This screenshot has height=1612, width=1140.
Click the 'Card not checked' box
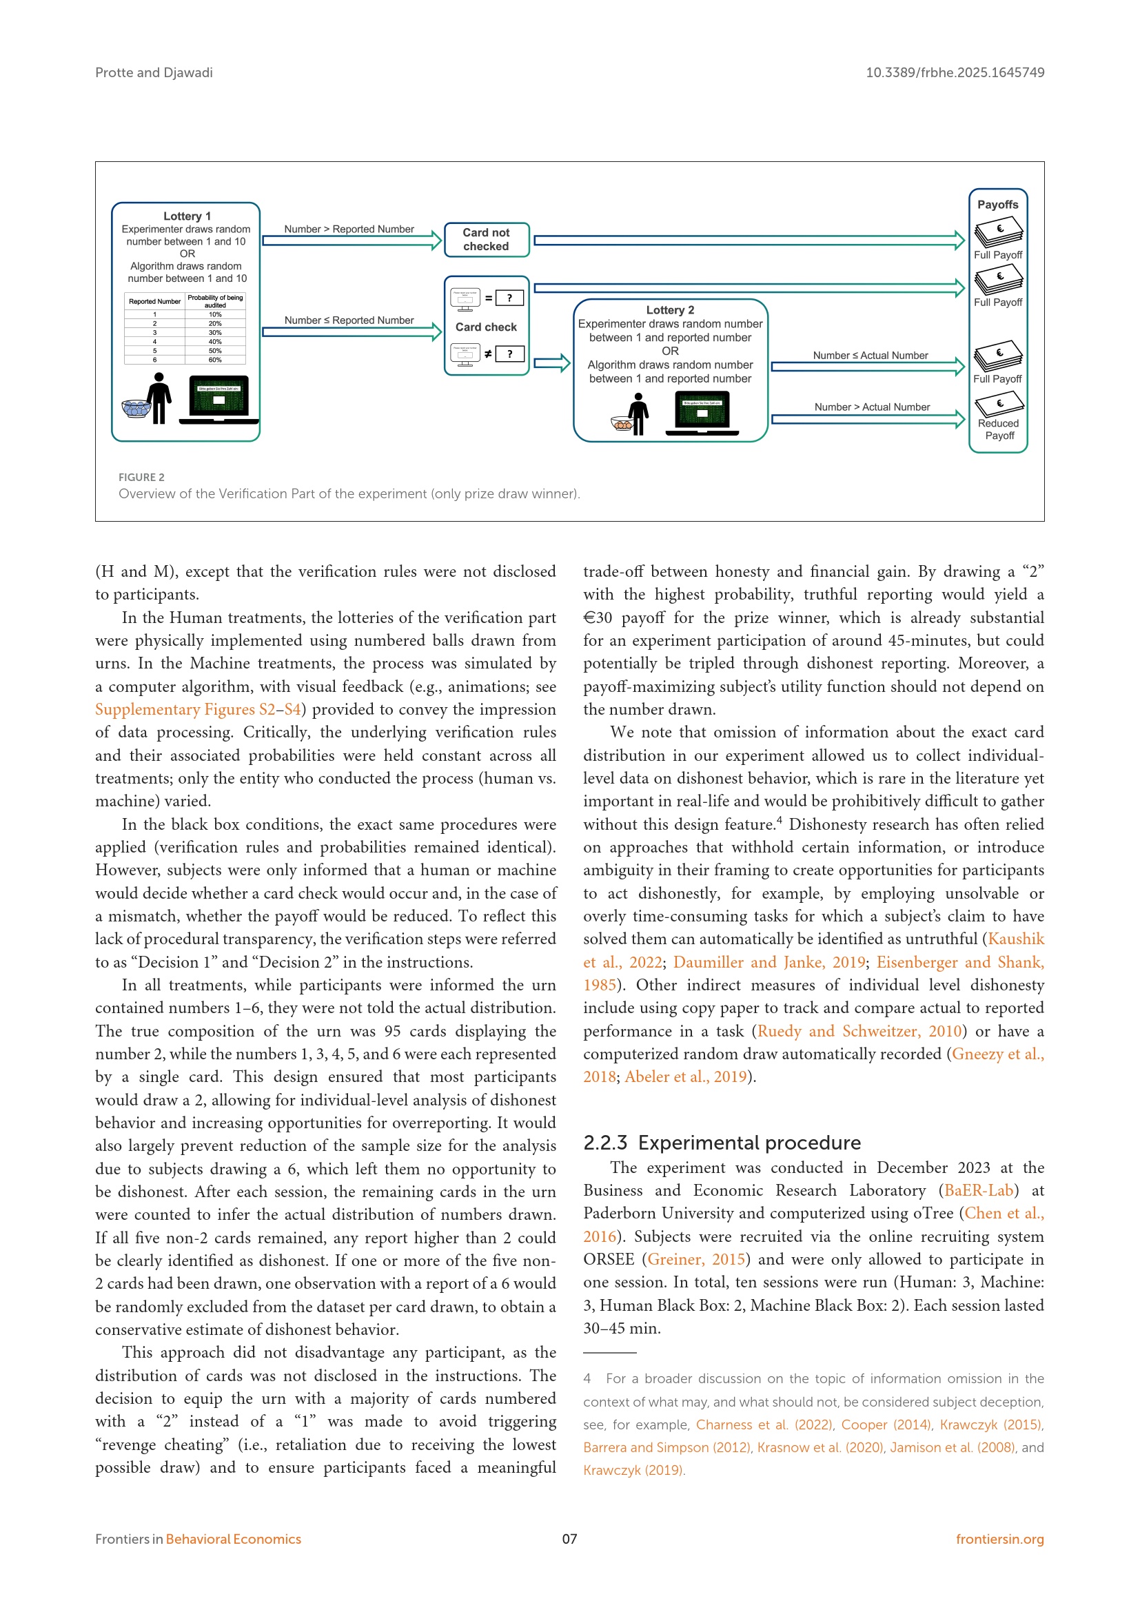[x=486, y=239]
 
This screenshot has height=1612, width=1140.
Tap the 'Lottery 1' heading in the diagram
[x=187, y=216]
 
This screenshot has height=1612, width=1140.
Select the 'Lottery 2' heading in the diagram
[x=670, y=309]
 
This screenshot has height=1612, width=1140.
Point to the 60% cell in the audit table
[x=215, y=360]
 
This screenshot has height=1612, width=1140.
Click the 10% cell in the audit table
[x=215, y=314]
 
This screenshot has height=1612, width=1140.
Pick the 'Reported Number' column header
[x=154, y=301]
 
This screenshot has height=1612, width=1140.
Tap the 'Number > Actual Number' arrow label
[x=872, y=407]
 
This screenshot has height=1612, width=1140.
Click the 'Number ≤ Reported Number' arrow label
[x=349, y=320]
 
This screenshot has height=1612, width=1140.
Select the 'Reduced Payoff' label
[x=998, y=429]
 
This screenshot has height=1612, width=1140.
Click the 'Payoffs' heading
[x=997, y=204]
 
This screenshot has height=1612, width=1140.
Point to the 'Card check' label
[x=486, y=327]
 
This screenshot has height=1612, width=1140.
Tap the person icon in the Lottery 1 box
[x=160, y=398]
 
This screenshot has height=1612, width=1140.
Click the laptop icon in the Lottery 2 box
[x=702, y=414]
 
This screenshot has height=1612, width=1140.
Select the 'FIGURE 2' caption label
[x=141, y=478]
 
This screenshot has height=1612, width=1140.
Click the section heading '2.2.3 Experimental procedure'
[x=722, y=1143]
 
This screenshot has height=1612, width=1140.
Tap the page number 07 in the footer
[x=569, y=1539]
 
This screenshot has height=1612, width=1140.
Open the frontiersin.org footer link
[x=999, y=1539]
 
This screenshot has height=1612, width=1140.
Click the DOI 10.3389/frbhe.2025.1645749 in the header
[x=955, y=72]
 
